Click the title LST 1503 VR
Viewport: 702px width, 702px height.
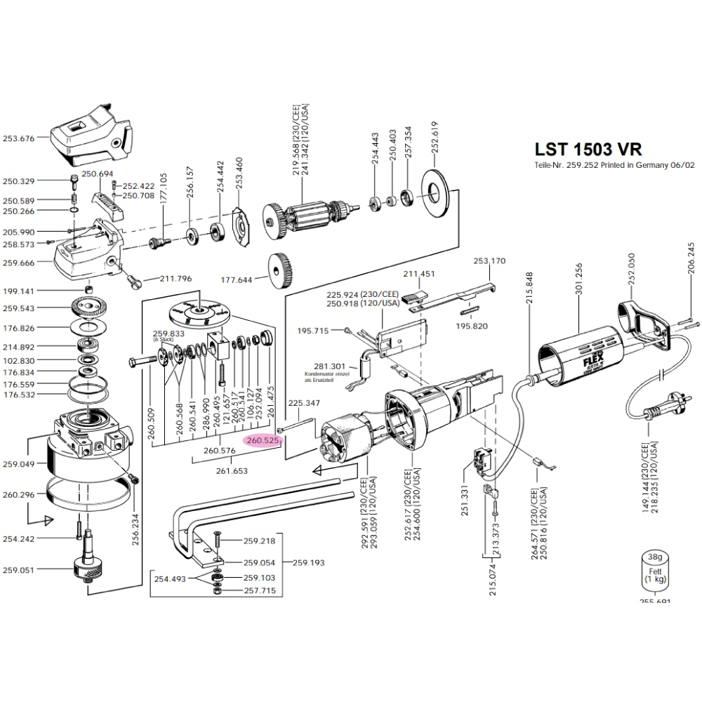tap(588, 149)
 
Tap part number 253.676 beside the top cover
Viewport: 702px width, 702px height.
tap(19, 138)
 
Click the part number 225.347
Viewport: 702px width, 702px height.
tap(304, 403)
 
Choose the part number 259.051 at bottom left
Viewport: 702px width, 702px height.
tap(19, 570)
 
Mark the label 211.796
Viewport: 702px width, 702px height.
tap(175, 279)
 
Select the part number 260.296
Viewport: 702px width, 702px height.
tap(19, 495)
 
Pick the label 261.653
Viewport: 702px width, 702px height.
tap(232, 471)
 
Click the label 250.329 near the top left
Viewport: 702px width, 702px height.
tap(19, 181)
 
